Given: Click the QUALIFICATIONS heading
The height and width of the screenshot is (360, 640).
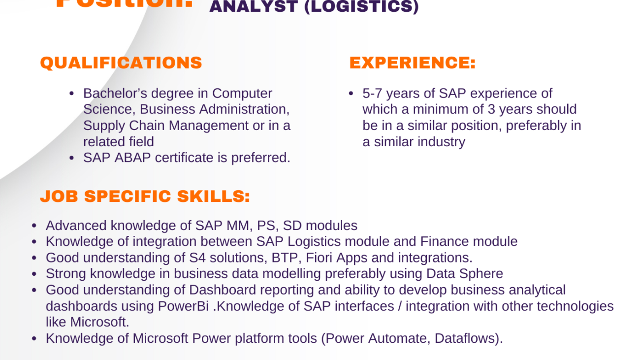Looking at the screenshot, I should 121,63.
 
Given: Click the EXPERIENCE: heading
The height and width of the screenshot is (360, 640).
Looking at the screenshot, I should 413,63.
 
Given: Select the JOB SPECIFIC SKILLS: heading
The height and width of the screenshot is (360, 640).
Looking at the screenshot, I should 145,196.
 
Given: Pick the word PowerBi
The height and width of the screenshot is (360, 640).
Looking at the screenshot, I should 185,306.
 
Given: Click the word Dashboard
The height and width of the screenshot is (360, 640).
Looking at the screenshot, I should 223,290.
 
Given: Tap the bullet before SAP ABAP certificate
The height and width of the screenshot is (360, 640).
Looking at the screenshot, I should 72,158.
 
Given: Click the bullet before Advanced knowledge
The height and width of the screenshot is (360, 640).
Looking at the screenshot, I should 34,226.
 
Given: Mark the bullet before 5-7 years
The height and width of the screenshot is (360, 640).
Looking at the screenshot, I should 351,94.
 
